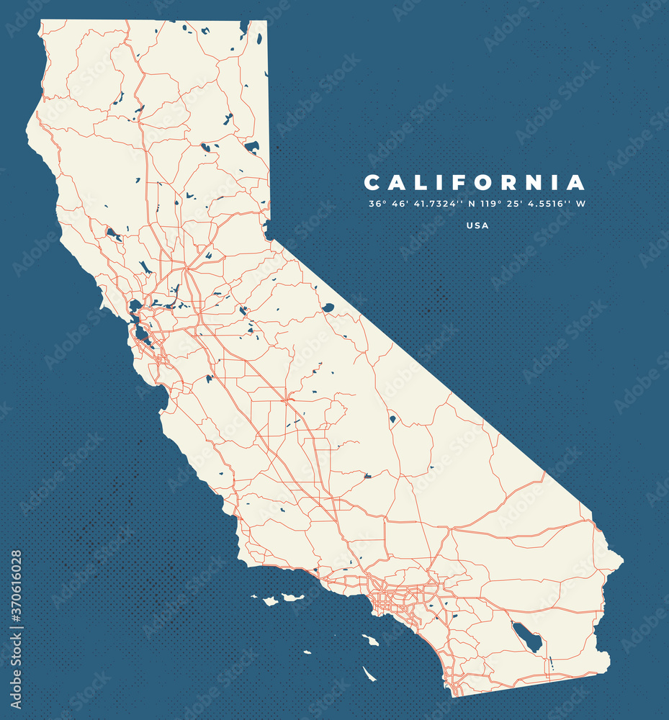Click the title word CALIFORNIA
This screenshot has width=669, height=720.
(475, 182)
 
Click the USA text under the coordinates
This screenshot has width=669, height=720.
(477, 225)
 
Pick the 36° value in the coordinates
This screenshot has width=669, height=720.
(377, 204)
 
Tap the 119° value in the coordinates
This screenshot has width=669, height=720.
(493, 204)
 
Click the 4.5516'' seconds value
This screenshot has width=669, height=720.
(548, 204)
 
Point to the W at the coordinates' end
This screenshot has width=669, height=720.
(580, 204)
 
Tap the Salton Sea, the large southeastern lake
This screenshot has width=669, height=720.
(527, 637)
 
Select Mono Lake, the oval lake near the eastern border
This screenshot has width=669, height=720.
(328, 307)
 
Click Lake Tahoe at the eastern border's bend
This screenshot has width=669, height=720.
(268, 230)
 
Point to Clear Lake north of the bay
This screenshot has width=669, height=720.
(113, 233)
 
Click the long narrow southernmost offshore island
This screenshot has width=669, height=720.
(369, 674)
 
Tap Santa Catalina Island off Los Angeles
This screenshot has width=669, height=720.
(370, 639)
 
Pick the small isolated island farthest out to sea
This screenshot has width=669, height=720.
(307, 652)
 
